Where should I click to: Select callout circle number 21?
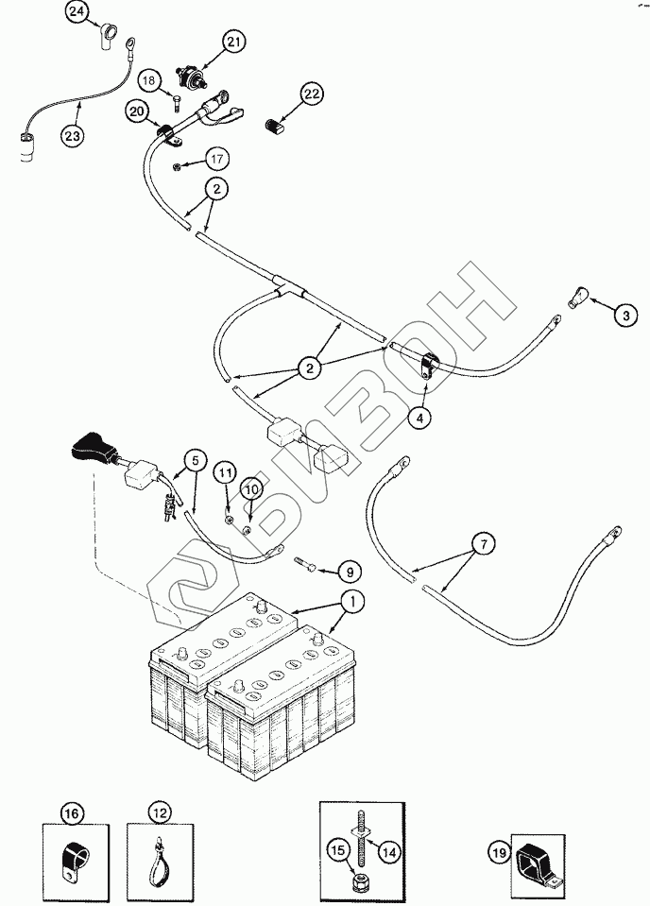point(234,41)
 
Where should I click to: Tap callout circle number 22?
point(313,93)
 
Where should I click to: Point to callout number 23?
point(72,135)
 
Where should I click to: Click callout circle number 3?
point(625,315)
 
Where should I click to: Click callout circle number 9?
point(349,571)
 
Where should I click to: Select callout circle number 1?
point(351,599)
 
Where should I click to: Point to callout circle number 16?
point(72,812)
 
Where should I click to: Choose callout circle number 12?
point(162,812)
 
